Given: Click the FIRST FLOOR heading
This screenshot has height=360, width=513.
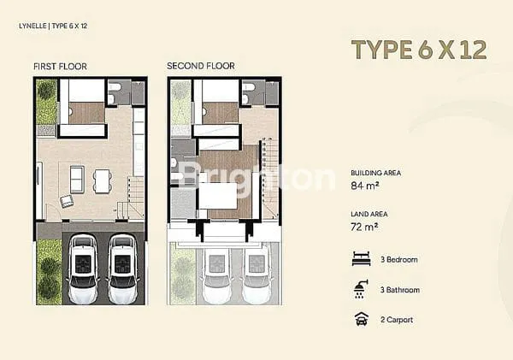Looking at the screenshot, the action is point(60,67).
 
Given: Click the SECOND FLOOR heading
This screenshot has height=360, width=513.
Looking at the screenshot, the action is point(201,66).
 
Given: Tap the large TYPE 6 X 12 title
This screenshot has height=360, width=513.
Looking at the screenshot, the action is point(419,50).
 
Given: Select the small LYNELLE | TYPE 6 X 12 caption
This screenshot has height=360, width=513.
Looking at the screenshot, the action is point(53,26).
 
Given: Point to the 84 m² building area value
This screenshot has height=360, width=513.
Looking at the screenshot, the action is point(365,186).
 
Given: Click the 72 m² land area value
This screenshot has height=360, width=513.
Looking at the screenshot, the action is point(364,227).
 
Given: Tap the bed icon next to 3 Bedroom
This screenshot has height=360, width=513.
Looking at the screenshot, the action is point(362,258).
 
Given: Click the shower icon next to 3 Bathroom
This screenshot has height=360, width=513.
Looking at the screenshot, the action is point(361,289).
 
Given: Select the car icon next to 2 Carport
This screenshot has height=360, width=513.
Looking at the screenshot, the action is point(362,319).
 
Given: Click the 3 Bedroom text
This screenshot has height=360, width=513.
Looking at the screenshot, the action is point(398,260).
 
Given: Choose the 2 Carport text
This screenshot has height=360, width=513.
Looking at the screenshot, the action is point(397,320).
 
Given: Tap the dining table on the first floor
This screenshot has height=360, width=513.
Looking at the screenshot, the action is point(102,180).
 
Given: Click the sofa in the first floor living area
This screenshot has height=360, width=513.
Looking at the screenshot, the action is point(77,180).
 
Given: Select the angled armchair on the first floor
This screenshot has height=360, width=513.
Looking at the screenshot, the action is point(67,201).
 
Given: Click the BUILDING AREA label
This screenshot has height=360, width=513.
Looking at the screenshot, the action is point(376,173).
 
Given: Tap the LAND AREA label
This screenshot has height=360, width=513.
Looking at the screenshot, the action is point(369,214).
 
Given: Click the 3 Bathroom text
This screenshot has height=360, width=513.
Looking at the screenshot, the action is point(400,290).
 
